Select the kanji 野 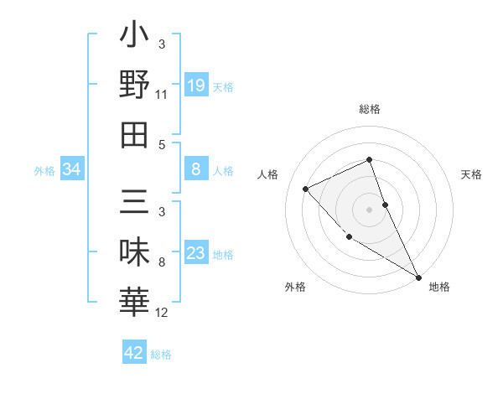(134, 86)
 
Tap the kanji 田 (134, 133)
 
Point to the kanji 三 (134, 204)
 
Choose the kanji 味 (134, 253)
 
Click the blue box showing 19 (195, 85)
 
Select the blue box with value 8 (195, 170)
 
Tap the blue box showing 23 (195, 253)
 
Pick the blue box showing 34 (72, 170)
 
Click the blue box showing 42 (134, 353)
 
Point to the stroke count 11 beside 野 (162, 95)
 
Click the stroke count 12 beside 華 (162, 313)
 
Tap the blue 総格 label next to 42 (161, 355)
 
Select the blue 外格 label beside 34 (44, 171)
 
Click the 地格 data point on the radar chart (418, 277)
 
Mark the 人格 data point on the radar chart (306, 189)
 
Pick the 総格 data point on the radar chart (369, 160)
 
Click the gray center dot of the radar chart (369, 209)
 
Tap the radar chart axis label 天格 (472, 175)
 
